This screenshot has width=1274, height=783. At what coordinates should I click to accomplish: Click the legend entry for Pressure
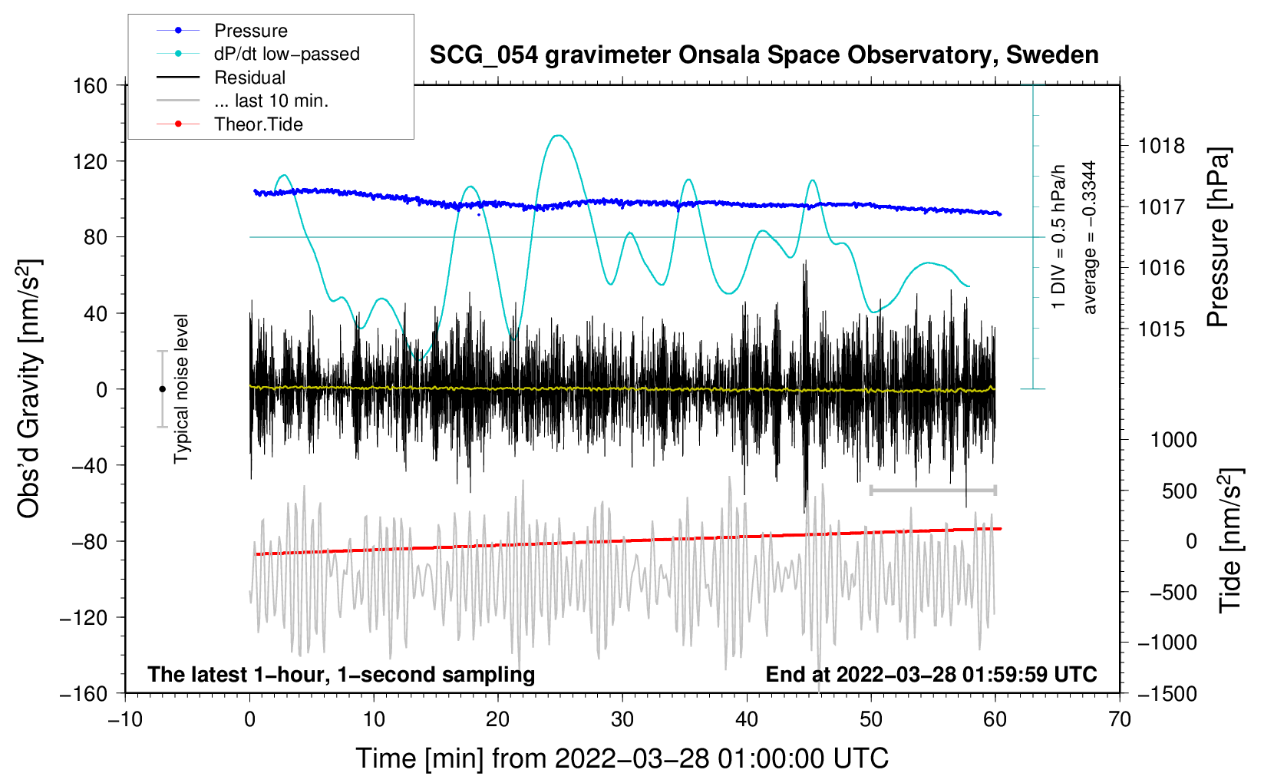point(250,31)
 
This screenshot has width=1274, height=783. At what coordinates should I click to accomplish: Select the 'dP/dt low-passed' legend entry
point(286,54)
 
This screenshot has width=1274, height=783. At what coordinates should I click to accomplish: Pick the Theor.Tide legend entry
point(258,124)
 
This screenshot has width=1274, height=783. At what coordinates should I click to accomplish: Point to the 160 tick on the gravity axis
point(91,85)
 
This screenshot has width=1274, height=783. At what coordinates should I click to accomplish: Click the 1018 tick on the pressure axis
point(1161,146)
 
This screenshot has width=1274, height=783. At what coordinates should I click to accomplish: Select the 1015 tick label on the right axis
point(1161,329)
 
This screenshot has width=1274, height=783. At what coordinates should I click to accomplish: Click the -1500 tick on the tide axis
point(1167,693)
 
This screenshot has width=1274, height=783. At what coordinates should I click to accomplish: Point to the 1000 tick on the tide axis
point(1173,440)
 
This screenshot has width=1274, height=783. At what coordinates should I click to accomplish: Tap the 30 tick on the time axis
point(622,720)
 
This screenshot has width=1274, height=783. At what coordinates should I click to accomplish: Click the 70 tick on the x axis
point(1120,720)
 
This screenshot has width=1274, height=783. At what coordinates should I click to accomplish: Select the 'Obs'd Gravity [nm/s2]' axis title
point(29,388)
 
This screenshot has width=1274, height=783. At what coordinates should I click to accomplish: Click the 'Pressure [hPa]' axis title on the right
point(1218,238)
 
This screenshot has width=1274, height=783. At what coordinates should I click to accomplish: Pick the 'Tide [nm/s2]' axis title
point(1230,540)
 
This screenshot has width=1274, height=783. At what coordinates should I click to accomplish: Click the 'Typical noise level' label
point(181,388)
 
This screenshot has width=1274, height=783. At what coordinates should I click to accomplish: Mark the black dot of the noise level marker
point(162,389)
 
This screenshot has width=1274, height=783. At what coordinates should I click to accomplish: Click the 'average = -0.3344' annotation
point(1090,237)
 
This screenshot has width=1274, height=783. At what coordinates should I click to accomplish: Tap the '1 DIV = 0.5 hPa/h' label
point(1059,237)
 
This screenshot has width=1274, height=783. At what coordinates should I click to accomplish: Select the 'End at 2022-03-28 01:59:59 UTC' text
point(931,675)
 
